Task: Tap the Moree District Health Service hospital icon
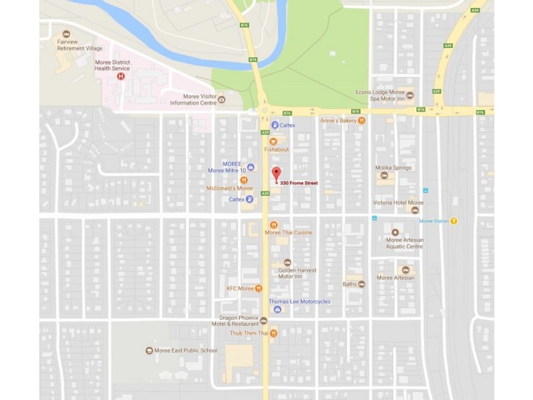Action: point(121,76)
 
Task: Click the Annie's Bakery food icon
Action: point(362,121)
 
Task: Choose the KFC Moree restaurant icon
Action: point(259,288)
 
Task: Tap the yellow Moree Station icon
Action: point(454,221)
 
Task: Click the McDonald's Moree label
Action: point(230,189)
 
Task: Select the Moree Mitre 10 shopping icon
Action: point(251,167)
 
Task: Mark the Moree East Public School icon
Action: point(149,351)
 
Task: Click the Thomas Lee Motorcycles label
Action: point(299,301)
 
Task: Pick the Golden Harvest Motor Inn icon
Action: point(287,262)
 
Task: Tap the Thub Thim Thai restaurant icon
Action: point(273,333)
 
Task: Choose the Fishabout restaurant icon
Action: point(272,141)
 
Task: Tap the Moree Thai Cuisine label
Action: point(298,232)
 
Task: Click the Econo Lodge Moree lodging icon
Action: point(410,95)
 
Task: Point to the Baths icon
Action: point(361,284)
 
